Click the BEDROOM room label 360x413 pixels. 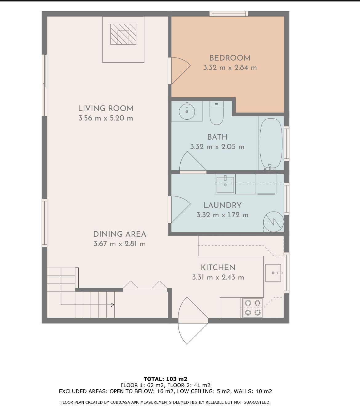[x=230, y=58]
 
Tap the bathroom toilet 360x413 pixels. [x=216, y=113]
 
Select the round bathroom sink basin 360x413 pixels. [x=187, y=111]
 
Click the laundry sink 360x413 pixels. [x=225, y=184]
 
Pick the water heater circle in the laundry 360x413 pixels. [x=274, y=222]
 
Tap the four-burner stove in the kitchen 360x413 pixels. [x=253, y=308]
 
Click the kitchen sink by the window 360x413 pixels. [x=273, y=273]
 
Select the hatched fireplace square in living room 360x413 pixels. [x=123, y=34]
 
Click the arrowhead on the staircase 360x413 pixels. [x=113, y=305]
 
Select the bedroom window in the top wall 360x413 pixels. [x=229, y=14]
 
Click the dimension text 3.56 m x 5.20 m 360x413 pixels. [x=106, y=118]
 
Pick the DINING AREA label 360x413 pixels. [x=119, y=234]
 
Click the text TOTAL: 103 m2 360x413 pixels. [x=166, y=379]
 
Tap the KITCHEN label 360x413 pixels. [x=218, y=268]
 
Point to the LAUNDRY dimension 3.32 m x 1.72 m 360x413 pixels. [x=222, y=215]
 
